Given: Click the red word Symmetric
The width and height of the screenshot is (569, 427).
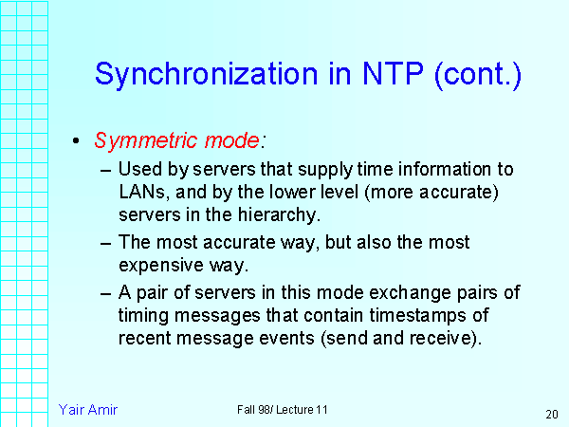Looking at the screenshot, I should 134,140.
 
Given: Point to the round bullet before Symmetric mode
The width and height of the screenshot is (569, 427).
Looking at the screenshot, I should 76,141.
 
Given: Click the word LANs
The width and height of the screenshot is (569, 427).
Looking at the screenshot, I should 140,193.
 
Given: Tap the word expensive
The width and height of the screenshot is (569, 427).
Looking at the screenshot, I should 160,263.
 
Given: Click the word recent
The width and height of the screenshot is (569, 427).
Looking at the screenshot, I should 146,337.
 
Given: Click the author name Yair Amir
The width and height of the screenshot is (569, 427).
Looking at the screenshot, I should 88,409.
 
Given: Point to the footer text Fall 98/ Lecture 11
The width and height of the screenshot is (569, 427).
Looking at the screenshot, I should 283,409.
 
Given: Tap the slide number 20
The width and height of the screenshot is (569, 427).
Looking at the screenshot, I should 551,415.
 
